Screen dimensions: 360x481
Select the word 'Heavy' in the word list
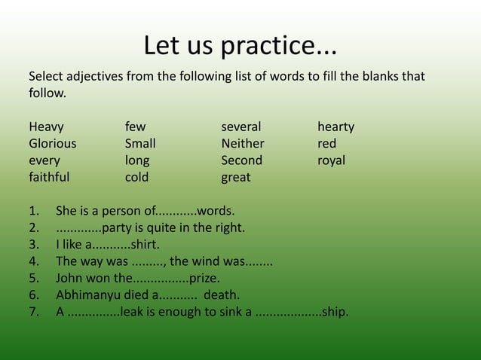46,127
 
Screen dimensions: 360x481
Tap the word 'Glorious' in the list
52,143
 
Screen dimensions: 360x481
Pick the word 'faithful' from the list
49,178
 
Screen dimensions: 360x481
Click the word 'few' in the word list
136,127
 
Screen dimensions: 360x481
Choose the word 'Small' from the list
140,143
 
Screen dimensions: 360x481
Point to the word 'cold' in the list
136,178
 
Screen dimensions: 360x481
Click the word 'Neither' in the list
243,143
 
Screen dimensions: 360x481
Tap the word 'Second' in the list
241,160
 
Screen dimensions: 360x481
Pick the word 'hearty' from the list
335,127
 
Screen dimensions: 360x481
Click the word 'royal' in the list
331,160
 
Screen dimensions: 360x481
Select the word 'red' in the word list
326,143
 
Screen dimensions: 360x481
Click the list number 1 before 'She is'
33,211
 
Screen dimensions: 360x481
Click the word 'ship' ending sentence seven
334,312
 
